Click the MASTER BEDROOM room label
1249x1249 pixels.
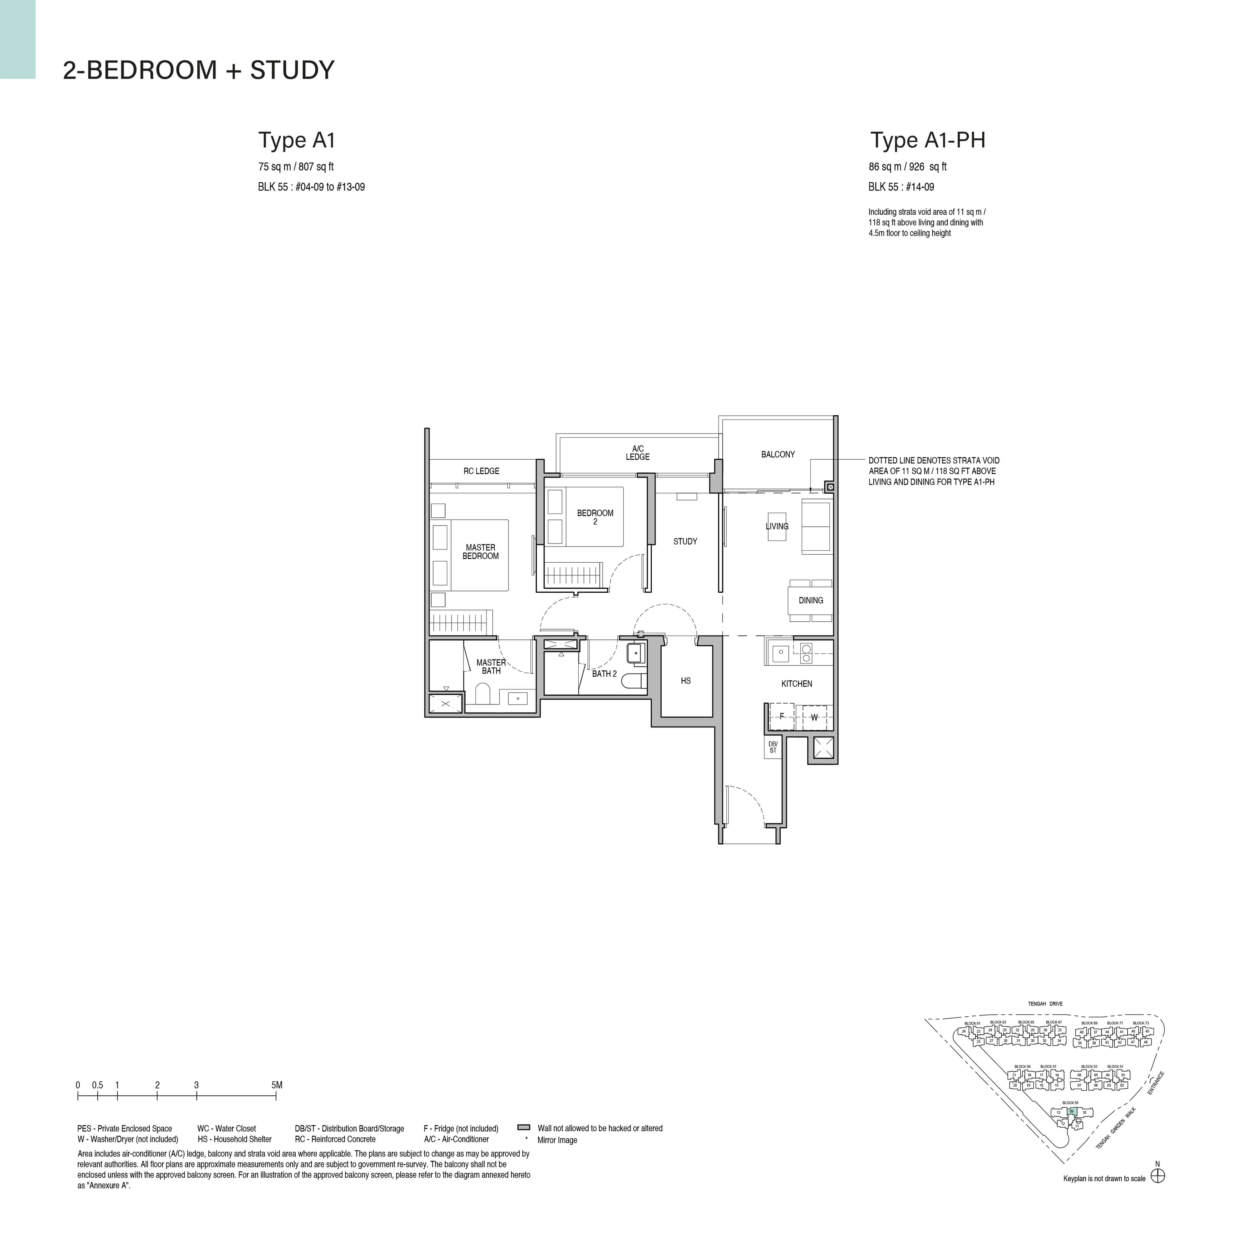(480, 551)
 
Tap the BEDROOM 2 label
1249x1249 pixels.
(595, 517)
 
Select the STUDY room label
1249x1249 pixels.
(685, 541)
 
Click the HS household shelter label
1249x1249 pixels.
(685, 681)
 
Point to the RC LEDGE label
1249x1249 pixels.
(481, 471)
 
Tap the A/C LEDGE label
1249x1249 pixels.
(637, 452)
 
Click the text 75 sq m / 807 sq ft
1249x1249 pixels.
(295, 167)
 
